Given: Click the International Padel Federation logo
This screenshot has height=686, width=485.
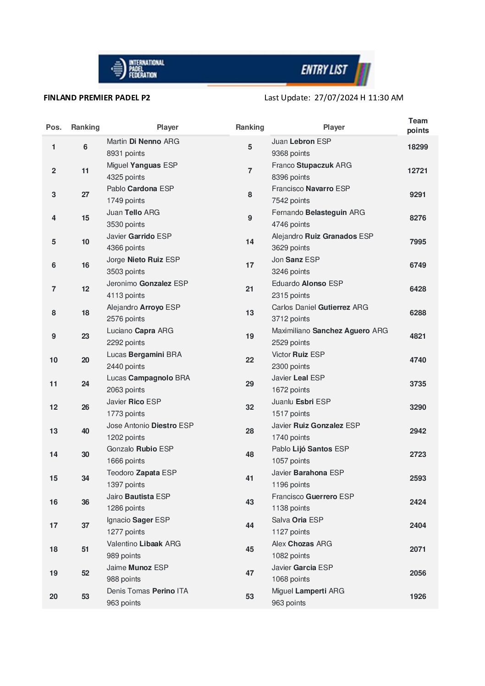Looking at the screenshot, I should coord(138,69).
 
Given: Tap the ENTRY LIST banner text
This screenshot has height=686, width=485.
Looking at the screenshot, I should coord(324,70).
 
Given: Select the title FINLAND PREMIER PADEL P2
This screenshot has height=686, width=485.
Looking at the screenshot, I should coord(97,98).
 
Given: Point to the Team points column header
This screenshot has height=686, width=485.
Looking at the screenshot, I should coord(418,126).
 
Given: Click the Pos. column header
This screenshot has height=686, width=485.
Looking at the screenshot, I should coord(54,127).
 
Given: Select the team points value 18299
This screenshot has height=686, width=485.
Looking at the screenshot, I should coord(418,147).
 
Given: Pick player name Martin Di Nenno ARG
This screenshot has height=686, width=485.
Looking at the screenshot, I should coord(143,142).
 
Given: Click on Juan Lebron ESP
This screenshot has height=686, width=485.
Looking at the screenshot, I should coord(301,142).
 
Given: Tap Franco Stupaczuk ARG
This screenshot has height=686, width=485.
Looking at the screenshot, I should coord(312,165).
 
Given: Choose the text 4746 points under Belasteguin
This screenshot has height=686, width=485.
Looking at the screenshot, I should coord(291,225).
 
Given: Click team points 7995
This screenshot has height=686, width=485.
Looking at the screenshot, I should coord(418,242).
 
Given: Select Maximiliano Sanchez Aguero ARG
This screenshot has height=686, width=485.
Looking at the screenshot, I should coord(330,331).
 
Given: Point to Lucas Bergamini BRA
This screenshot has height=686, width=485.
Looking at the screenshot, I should coord(144,355).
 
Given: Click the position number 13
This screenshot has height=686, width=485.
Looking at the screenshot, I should coord(54,431).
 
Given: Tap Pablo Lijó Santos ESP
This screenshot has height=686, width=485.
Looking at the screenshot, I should coord(310,449).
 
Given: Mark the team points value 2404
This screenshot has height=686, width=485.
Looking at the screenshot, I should coord(418,526).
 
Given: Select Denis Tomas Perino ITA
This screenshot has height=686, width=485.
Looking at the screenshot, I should coord(147,591).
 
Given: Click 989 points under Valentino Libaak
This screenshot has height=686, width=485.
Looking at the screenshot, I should coord(124,556).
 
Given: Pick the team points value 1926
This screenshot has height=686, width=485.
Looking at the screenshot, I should coord(418,597).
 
